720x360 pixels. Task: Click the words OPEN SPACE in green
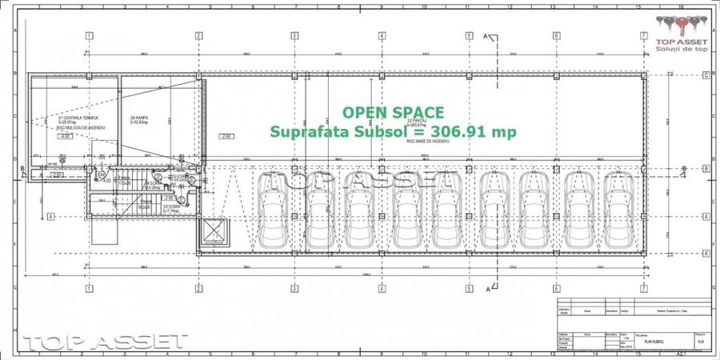[393, 113]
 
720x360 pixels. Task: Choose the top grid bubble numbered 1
[89, 36]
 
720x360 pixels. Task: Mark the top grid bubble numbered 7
[643, 36]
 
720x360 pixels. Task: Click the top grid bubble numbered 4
[381, 36]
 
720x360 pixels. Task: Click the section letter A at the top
[486, 35]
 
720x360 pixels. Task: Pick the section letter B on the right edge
[684, 169]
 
